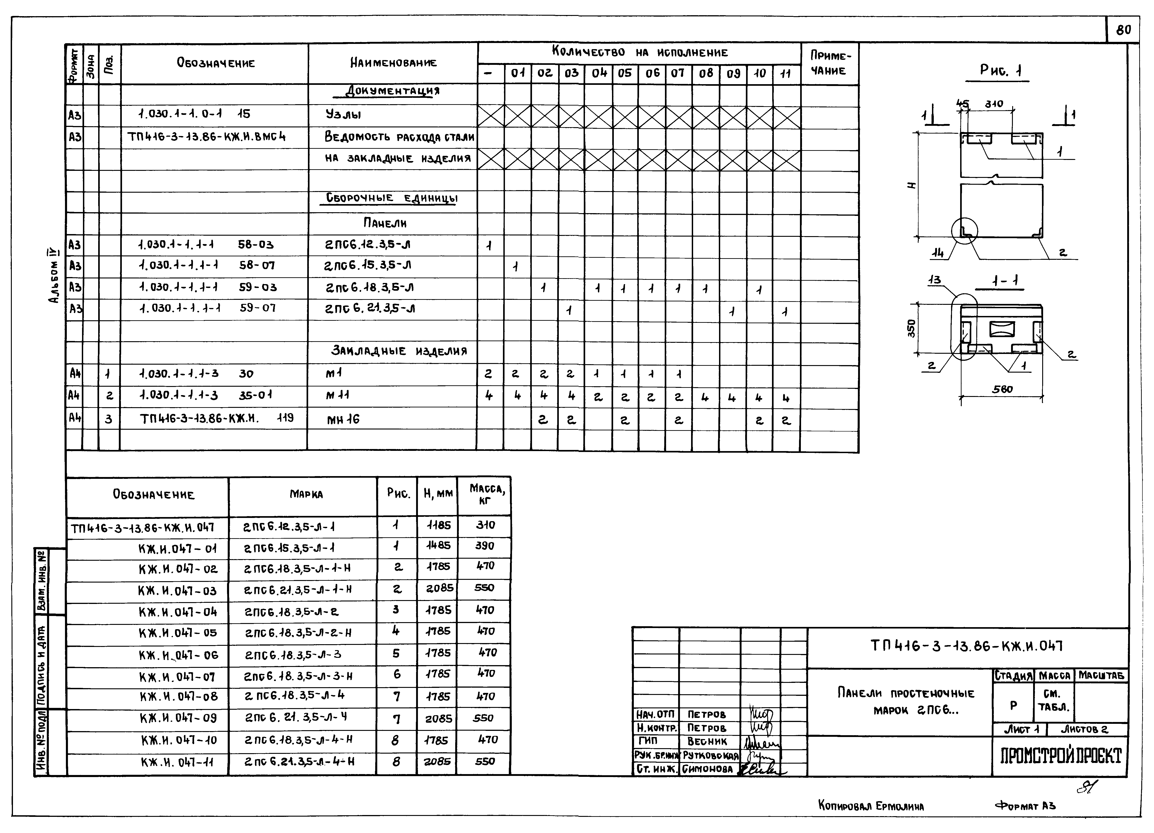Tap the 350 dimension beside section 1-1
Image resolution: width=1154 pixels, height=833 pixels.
click(911, 328)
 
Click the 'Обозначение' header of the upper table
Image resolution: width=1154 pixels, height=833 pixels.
click(216, 63)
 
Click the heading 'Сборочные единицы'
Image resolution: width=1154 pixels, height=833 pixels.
click(392, 198)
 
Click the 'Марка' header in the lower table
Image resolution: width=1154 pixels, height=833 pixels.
click(306, 494)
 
